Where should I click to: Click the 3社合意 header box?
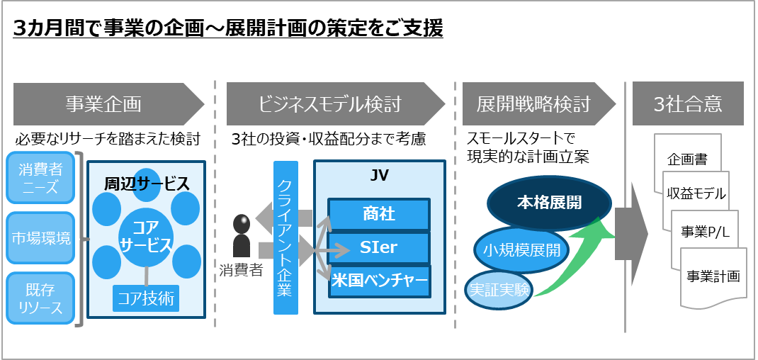click(688, 104)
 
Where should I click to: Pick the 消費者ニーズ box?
click(40, 178)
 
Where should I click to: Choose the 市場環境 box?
click(40, 237)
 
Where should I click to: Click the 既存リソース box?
click(40, 298)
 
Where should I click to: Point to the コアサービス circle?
click(145, 237)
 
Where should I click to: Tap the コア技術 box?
click(145, 298)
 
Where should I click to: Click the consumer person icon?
click(242, 236)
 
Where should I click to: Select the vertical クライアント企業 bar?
click(285, 237)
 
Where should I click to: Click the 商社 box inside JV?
click(379, 214)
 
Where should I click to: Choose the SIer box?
click(379, 248)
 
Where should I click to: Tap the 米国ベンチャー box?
click(379, 281)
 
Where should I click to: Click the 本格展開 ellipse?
click(549, 202)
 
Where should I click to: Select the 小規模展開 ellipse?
click(521, 249)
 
